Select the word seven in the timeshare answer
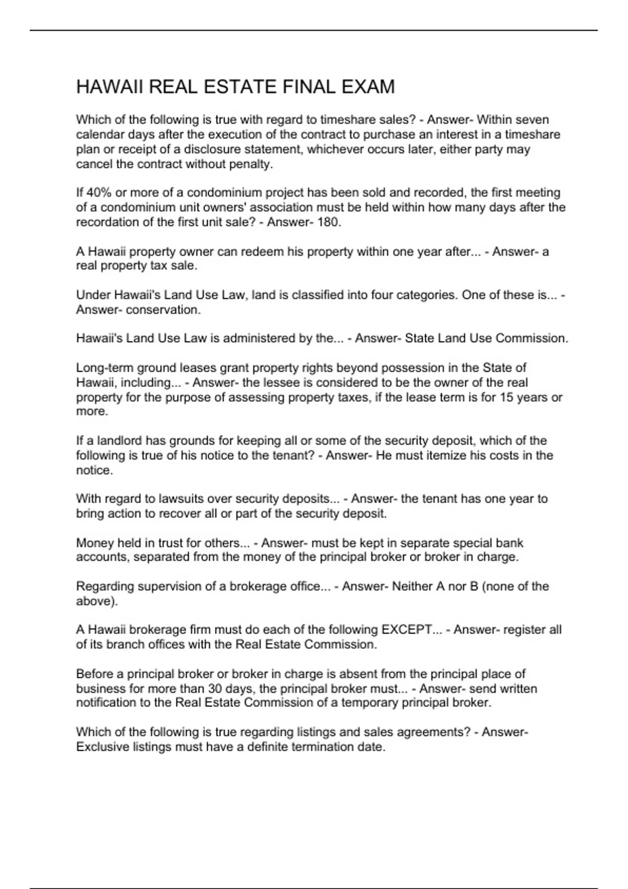coord(534,120)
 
